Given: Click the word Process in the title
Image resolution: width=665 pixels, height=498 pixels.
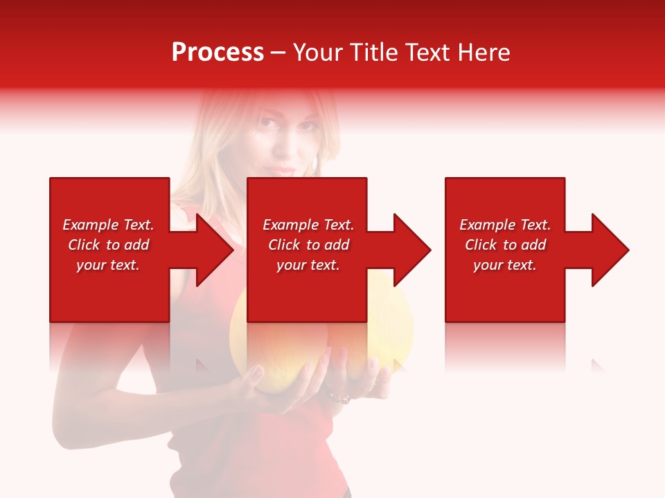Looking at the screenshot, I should [218, 53].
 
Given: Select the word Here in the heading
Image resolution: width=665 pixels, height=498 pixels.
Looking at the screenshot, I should [484, 53].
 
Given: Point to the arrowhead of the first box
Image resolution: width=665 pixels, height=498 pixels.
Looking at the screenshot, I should [211, 250].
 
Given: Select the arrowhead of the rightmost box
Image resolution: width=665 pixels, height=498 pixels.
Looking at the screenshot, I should [607, 250].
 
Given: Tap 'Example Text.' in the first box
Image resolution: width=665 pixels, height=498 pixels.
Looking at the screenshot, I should [108, 225].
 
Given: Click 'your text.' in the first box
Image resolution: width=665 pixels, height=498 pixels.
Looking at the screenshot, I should [108, 265].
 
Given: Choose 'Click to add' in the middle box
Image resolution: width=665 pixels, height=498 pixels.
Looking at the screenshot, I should [308, 245].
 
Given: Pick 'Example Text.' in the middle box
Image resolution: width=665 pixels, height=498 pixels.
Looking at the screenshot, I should [308, 225].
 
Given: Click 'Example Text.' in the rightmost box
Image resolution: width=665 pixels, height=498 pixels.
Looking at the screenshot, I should [505, 225].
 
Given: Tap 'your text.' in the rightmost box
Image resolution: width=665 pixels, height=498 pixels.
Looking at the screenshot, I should [505, 265].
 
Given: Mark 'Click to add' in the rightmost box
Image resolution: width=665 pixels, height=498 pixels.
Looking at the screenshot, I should [505, 245].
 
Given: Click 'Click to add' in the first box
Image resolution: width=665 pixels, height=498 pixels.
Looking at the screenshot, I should [108, 245].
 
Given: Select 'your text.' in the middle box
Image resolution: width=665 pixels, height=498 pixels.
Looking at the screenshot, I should [308, 265].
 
